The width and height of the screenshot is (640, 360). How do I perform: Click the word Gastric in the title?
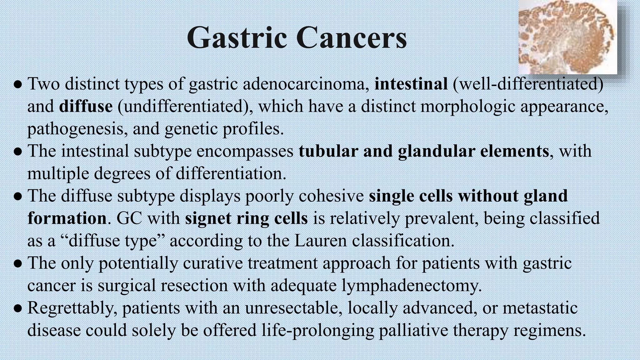coord(237,38)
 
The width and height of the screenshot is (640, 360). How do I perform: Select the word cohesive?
coord(331,196)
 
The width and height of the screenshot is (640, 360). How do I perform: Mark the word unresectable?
coord(293,308)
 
